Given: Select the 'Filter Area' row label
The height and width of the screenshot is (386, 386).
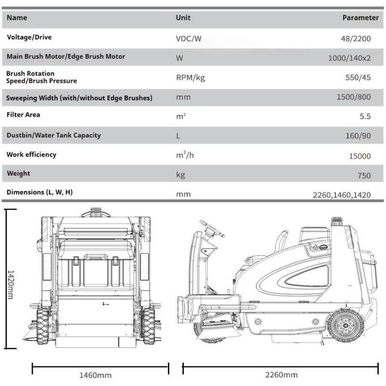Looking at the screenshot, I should click(23, 115).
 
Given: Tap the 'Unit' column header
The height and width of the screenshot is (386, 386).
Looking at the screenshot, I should click(183, 17).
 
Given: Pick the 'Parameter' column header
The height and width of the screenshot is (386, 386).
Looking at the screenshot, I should click(360, 18).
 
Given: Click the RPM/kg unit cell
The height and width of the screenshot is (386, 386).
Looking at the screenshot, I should click(191, 78).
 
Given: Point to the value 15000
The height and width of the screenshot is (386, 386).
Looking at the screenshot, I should click(359, 156).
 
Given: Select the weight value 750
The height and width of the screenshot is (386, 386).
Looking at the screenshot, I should click(364, 176).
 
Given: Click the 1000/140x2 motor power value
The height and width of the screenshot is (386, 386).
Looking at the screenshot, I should click(349, 58).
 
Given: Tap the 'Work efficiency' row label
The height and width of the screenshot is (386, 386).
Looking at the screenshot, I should click(31, 155).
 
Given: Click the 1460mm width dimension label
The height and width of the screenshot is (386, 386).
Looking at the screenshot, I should click(95, 375).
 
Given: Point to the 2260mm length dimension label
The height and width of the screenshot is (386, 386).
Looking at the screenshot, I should click(281, 375).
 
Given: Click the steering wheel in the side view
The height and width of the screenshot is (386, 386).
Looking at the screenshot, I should click(212, 228).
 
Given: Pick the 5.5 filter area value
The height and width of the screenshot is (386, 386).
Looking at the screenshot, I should click(365, 116).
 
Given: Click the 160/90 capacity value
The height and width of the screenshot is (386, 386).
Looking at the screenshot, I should click(358, 136).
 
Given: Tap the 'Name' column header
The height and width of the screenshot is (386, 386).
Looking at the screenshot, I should click(17, 18).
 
